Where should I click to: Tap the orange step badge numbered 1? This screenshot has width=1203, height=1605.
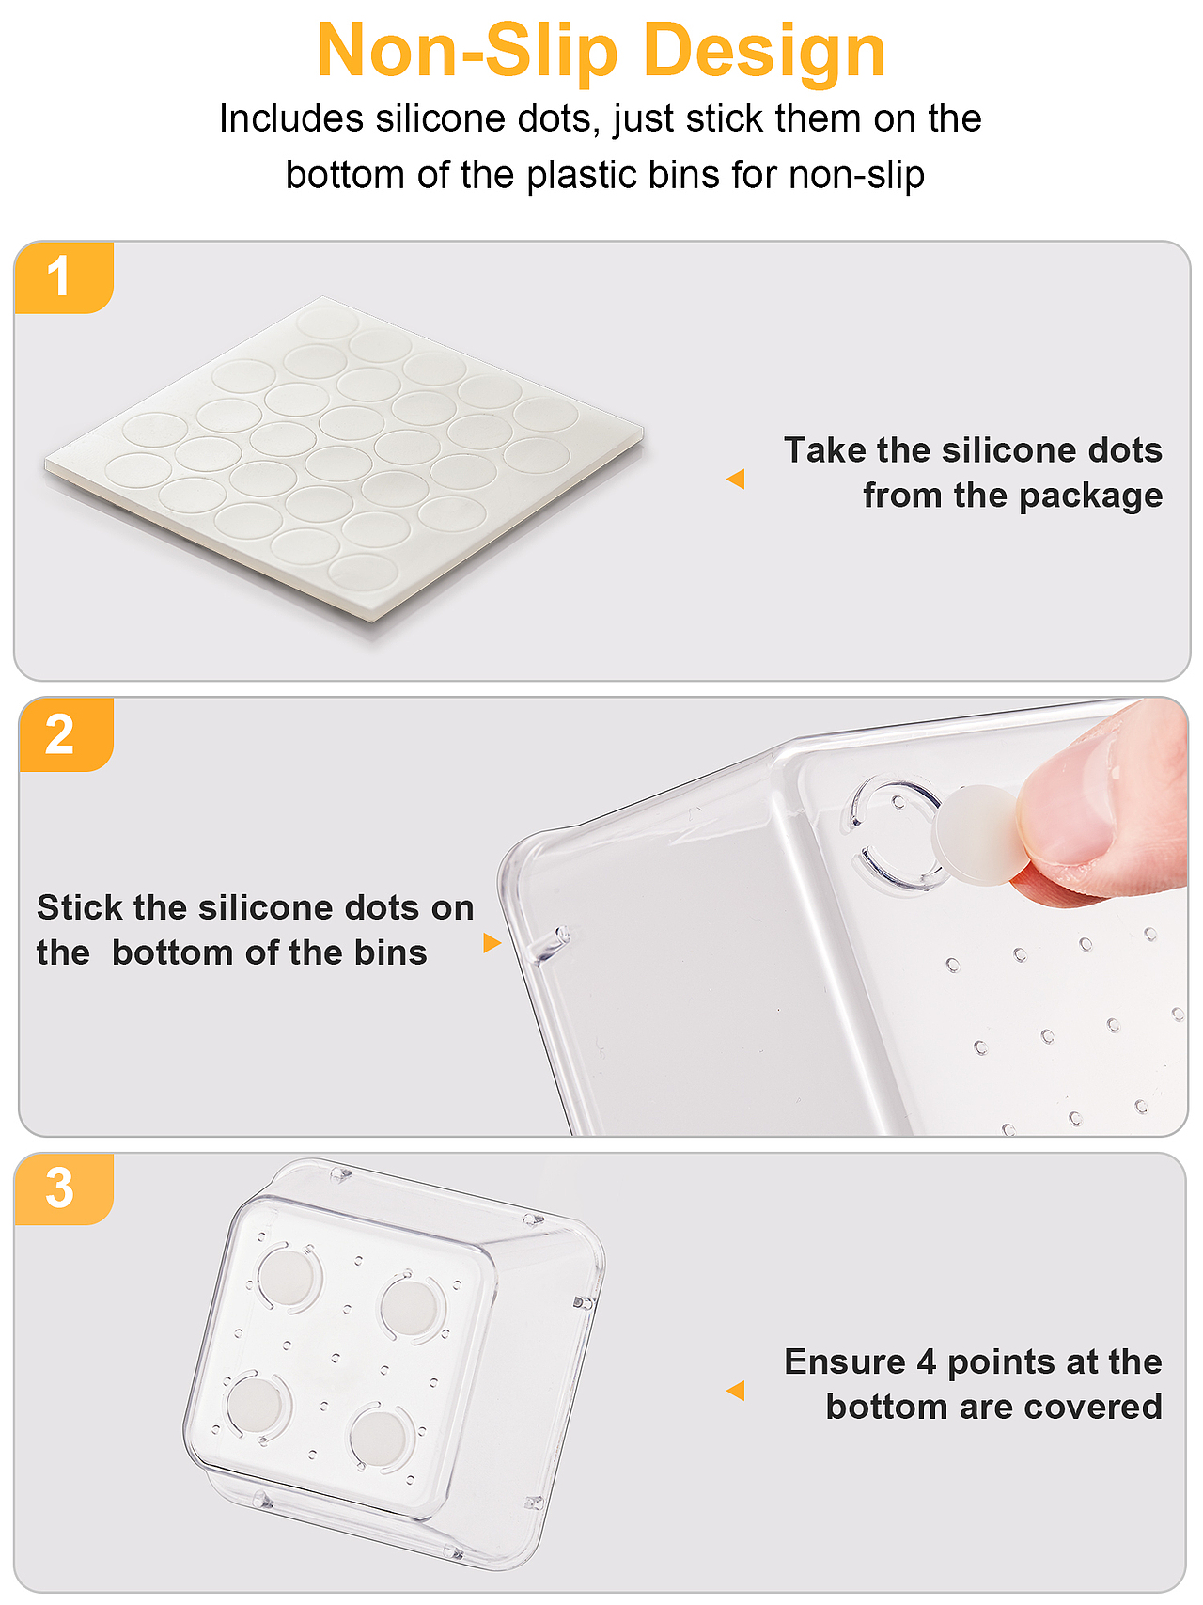[x=64, y=277]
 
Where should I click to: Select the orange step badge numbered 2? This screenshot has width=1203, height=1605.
[x=66, y=734]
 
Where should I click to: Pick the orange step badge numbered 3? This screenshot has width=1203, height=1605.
[x=64, y=1189]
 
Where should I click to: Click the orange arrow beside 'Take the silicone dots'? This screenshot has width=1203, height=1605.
[x=736, y=479]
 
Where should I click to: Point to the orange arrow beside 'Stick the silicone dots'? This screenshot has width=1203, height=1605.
[x=492, y=942]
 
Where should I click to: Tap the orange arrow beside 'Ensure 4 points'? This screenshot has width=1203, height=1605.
[x=736, y=1390]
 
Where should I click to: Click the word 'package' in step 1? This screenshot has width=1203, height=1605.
[x=1090, y=496]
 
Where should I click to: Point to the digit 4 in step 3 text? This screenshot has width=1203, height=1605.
[x=927, y=1362]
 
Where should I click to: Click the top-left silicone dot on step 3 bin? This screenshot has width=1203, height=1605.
[x=287, y=1276]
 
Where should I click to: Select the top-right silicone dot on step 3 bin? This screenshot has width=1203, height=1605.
[x=410, y=1305]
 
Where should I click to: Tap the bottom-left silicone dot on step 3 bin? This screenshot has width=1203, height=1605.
[x=255, y=1405]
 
